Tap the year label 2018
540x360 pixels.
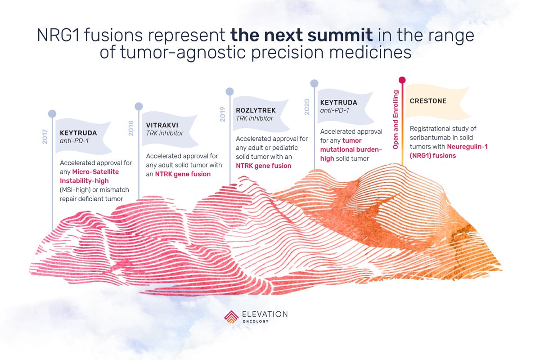click(x=131, y=129)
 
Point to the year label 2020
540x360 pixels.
click(x=307, y=108)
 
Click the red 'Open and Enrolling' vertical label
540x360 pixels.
click(x=396, y=120)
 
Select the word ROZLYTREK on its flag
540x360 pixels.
click(x=256, y=110)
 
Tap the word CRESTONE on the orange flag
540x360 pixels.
click(x=428, y=101)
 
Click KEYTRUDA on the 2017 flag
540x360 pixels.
click(x=78, y=133)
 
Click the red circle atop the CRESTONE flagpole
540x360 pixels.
click(x=402, y=80)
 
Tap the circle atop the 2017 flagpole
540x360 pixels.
click(x=52, y=113)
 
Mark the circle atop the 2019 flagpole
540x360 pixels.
click(x=229, y=91)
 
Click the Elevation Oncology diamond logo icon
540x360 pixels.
click(x=231, y=316)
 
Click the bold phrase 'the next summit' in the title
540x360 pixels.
click(x=293, y=36)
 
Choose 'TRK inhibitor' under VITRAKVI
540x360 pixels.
click(x=164, y=134)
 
